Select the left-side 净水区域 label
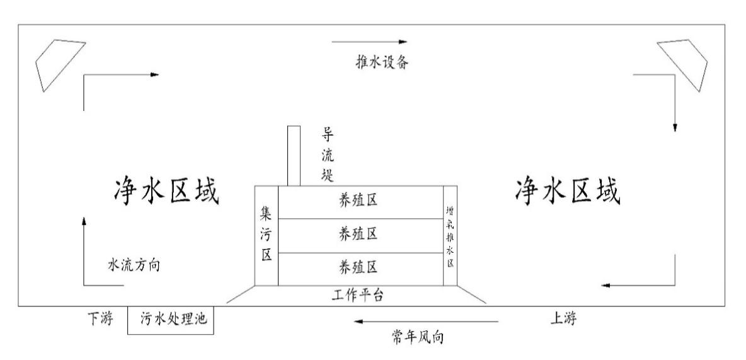(165, 191)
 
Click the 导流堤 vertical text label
(328, 154)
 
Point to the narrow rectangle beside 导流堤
(294, 155)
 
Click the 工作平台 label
(357, 294)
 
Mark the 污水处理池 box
(171, 320)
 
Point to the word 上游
(563, 319)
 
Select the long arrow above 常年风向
(427, 322)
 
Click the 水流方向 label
(134, 265)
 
